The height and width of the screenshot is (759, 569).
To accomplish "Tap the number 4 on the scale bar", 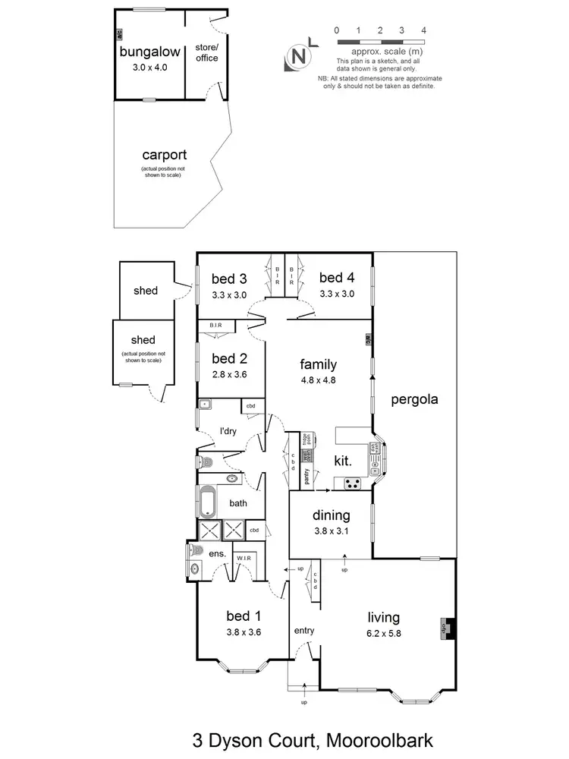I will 423,30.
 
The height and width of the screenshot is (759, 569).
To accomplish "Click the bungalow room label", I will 149,52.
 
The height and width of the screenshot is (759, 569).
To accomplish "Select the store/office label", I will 206,52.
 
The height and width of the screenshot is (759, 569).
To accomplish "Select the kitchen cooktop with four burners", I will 353,481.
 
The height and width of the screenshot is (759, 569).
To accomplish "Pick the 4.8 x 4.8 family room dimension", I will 319,380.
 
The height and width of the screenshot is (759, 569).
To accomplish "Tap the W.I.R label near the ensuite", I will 244,559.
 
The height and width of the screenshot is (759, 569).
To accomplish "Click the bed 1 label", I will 243,615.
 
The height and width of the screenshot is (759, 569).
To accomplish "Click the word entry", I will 303,631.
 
